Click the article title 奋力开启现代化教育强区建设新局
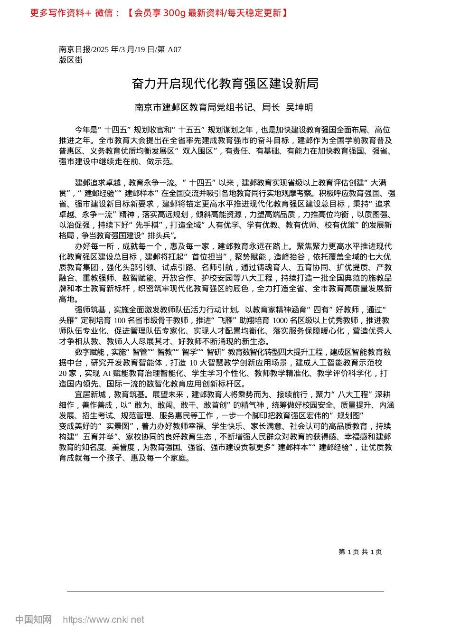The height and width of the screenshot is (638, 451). (x=225, y=84)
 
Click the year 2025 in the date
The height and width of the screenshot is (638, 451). (x=102, y=49)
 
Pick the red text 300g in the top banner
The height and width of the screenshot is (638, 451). (x=174, y=13)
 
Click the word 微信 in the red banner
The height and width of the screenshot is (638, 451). (x=104, y=13)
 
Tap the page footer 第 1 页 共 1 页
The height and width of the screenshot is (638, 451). (x=360, y=552)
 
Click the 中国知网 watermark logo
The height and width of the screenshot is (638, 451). (x=33, y=619)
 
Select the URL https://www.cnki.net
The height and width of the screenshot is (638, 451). (x=103, y=619)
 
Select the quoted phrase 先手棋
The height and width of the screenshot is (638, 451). (x=149, y=225)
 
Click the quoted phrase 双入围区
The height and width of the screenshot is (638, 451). (x=196, y=151)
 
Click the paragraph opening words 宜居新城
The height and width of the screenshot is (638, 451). (x=90, y=394)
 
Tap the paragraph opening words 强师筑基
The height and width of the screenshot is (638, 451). (x=90, y=310)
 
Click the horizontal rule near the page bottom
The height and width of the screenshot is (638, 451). (x=225, y=591)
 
